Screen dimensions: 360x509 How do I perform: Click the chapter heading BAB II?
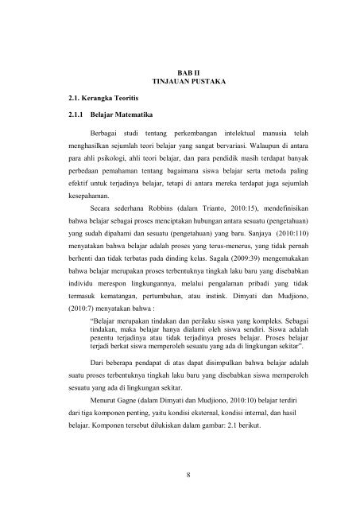(189, 72)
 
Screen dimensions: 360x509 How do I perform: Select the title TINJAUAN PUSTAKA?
(189, 82)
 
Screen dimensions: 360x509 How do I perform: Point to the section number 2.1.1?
(74, 116)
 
